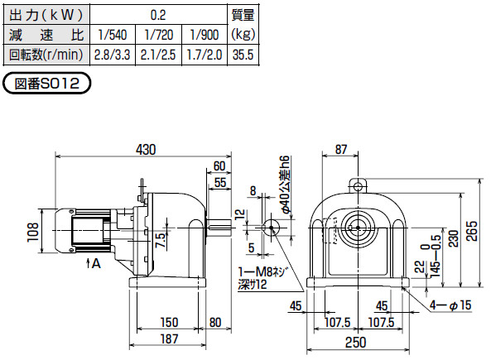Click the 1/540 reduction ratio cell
tap(113, 35)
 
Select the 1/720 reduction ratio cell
tap(158, 35)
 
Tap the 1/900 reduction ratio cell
tap(205, 35)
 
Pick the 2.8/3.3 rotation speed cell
tap(113, 55)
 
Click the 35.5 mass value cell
tap(243, 55)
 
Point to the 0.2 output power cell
tap(158, 15)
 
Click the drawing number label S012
tap(46, 84)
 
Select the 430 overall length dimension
tap(146, 150)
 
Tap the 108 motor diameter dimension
tap(33, 232)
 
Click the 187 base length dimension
tap(169, 338)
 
